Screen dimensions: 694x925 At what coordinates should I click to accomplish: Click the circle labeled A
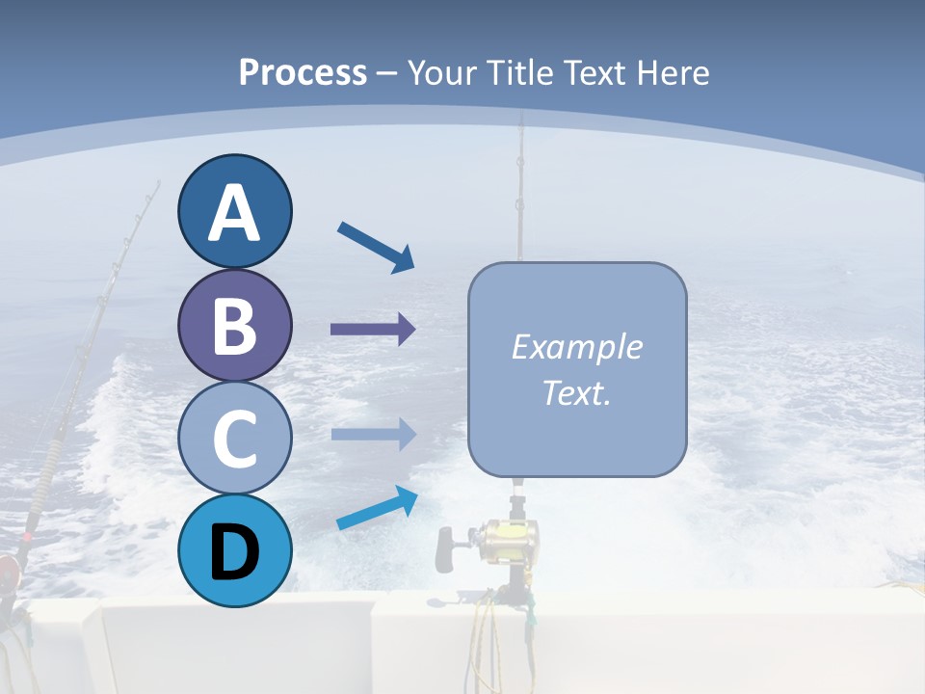point(234,211)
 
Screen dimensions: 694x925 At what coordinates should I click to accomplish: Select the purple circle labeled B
point(234,325)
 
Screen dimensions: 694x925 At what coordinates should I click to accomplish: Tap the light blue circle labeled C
point(234,439)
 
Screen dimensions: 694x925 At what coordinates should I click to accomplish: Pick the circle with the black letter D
point(234,551)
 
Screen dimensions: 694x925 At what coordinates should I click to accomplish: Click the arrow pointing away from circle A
point(376,247)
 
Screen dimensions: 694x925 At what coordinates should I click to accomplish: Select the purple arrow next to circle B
point(373,330)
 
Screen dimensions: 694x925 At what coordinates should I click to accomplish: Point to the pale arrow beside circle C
point(373,435)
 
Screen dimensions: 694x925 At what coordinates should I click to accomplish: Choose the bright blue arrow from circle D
point(377,508)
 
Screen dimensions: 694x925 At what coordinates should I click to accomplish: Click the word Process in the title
point(303,72)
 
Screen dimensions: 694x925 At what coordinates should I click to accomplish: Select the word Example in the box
point(577,347)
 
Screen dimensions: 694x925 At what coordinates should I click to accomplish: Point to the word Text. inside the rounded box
point(577,392)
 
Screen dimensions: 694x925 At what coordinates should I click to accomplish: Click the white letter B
point(234,325)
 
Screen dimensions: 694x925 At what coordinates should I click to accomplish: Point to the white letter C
point(234,439)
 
